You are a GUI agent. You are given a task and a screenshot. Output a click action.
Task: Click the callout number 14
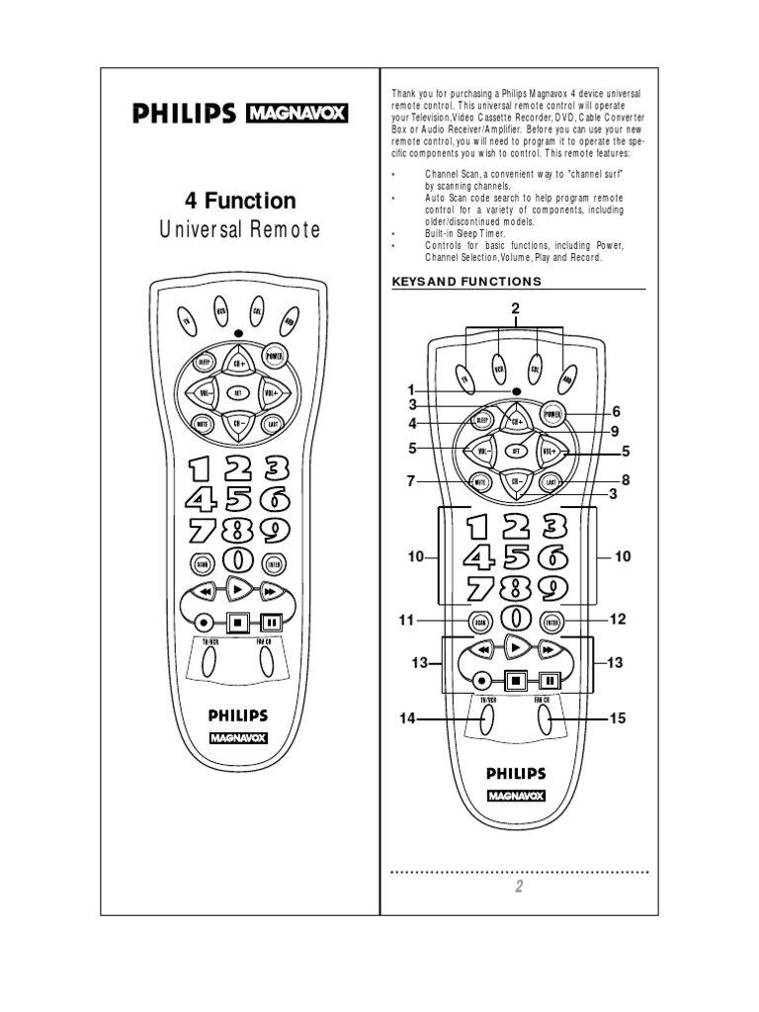click(407, 719)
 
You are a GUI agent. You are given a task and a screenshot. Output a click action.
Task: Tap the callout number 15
click(618, 718)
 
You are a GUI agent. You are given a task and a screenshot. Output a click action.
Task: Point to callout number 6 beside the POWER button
click(615, 411)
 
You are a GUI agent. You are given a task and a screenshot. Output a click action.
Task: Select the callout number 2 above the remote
click(515, 309)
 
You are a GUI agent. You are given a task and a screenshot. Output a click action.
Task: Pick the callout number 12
click(618, 620)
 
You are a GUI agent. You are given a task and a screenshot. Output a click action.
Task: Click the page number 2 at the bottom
click(518, 886)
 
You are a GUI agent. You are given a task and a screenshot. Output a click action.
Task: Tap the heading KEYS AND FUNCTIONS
click(467, 282)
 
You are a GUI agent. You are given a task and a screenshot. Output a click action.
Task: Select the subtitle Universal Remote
click(240, 230)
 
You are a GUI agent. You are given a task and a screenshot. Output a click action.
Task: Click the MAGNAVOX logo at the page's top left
click(296, 114)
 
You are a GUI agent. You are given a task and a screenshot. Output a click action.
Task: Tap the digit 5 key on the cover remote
click(237, 500)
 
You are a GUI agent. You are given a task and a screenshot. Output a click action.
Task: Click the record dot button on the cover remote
click(204, 623)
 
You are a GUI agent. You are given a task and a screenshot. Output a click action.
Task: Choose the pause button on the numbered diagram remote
click(549, 680)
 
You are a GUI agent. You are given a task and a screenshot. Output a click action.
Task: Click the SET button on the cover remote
click(237, 392)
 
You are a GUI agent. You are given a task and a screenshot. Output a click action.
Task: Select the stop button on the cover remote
click(237, 623)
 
